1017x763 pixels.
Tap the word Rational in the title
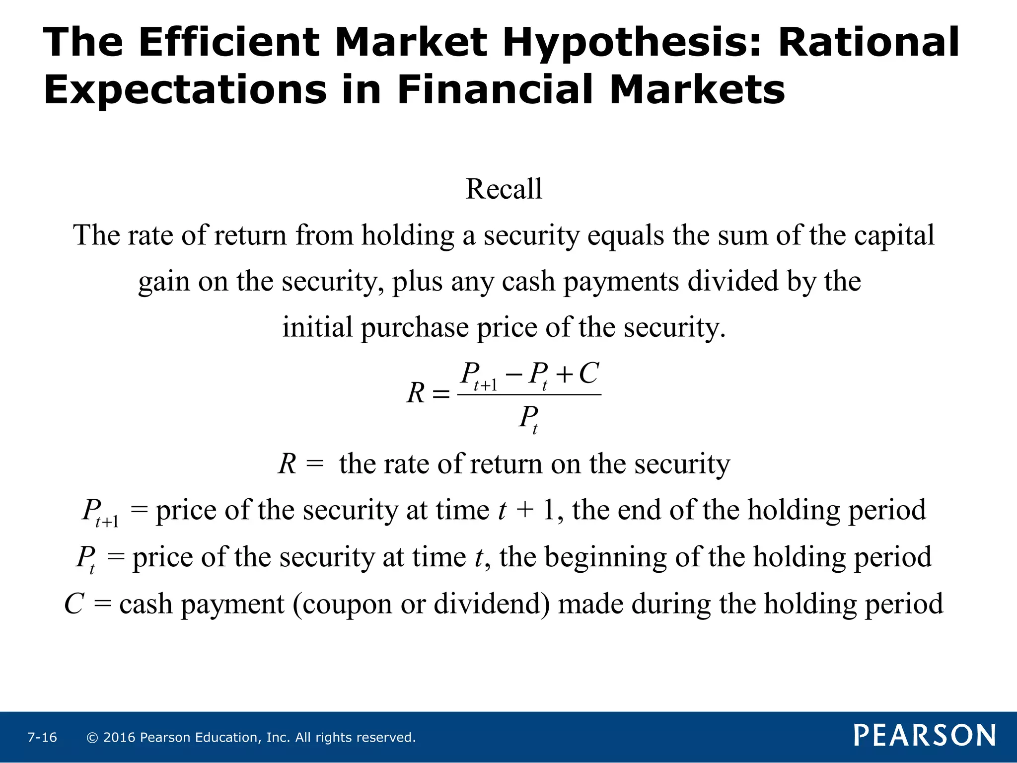869,43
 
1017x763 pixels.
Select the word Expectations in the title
185,90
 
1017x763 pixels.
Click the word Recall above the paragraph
504,189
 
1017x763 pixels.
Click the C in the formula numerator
588,374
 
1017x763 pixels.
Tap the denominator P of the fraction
527,417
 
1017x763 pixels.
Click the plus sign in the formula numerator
565,376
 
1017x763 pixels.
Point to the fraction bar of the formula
529,395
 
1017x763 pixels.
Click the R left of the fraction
416,393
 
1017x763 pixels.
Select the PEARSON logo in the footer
925,736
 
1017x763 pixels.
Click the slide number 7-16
42,738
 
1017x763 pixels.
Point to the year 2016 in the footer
119,738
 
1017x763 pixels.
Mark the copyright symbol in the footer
92,738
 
